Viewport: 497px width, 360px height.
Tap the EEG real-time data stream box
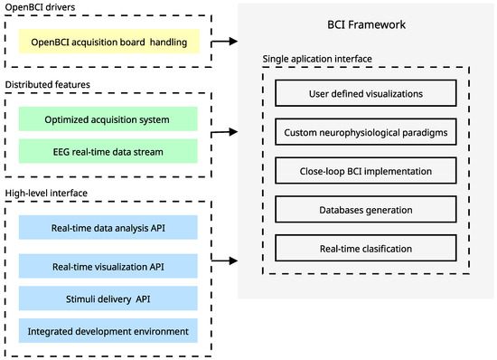click(x=108, y=151)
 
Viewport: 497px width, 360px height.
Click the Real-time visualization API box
click(x=108, y=266)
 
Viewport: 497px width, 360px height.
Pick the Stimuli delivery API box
click(x=108, y=299)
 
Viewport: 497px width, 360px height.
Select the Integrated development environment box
click(x=108, y=331)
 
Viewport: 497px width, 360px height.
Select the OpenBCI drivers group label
click(x=42, y=9)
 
